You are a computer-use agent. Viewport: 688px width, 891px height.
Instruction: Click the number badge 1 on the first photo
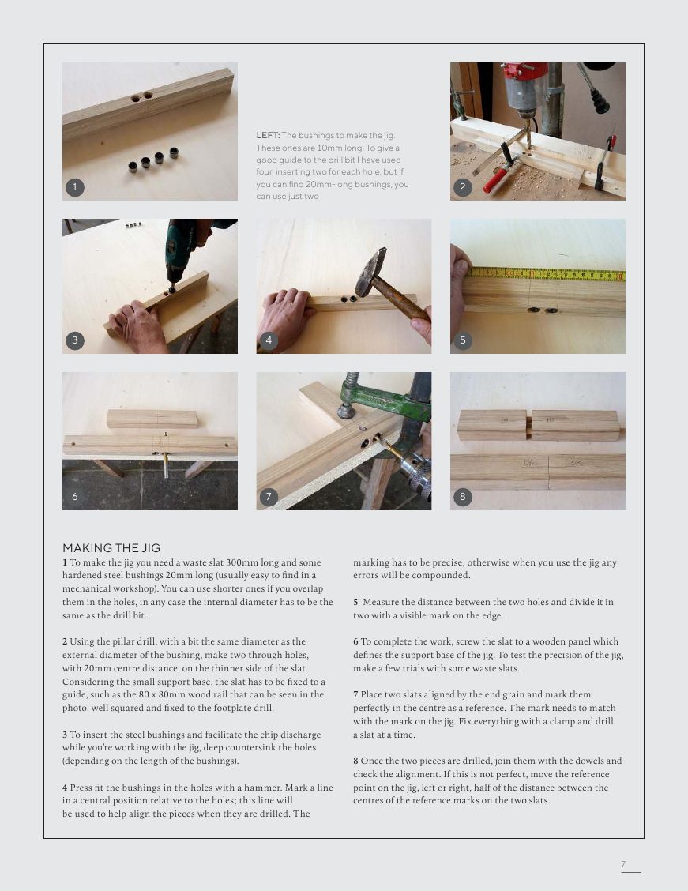[x=74, y=187]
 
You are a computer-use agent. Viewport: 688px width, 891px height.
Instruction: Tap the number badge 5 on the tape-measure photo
[x=462, y=340]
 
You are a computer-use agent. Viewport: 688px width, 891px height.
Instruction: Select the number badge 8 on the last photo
[x=462, y=497]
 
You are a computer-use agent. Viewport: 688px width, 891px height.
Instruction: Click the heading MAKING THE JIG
[x=111, y=548]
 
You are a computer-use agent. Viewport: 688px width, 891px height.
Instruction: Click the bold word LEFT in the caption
[x=267, y=136]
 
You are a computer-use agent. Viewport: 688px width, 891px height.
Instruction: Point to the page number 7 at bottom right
[x=623, y=864]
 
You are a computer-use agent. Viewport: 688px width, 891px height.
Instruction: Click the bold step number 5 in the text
[x=355, y=602]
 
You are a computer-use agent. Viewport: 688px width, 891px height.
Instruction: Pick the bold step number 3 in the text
[x=65, y=735]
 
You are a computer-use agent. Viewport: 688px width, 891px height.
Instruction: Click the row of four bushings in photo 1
[x=153, y=160]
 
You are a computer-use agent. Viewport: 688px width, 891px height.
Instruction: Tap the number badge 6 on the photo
[x=74, y=497]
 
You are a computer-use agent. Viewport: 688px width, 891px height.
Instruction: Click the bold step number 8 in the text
[x=355, y=761]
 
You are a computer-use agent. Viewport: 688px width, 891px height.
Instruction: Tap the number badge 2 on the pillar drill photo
[x=462, y=187]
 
